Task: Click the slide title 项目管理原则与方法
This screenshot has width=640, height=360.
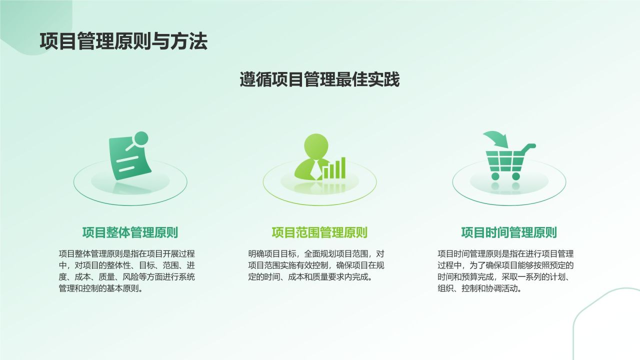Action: click(123, 41)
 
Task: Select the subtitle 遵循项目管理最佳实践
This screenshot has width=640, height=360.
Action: click(319, 79)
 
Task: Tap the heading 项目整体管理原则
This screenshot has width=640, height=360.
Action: click(130, 232)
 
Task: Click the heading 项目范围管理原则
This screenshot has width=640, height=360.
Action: click(319, 232)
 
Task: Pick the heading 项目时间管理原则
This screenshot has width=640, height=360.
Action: click(509, 232)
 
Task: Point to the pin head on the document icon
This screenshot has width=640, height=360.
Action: click(141, 137)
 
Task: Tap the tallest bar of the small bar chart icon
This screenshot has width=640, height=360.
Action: click(343, 168)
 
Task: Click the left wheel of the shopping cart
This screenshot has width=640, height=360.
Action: click(495, 176)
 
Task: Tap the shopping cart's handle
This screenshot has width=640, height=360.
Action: click(530, 146)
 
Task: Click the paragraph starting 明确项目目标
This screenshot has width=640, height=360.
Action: click(316, 265)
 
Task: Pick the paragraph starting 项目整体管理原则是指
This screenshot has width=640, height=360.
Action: click(126, 271)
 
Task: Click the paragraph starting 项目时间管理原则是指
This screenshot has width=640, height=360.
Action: click(505, 271)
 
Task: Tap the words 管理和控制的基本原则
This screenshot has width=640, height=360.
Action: click(100, 289)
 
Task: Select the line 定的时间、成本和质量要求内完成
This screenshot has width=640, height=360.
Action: click(310, 277)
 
